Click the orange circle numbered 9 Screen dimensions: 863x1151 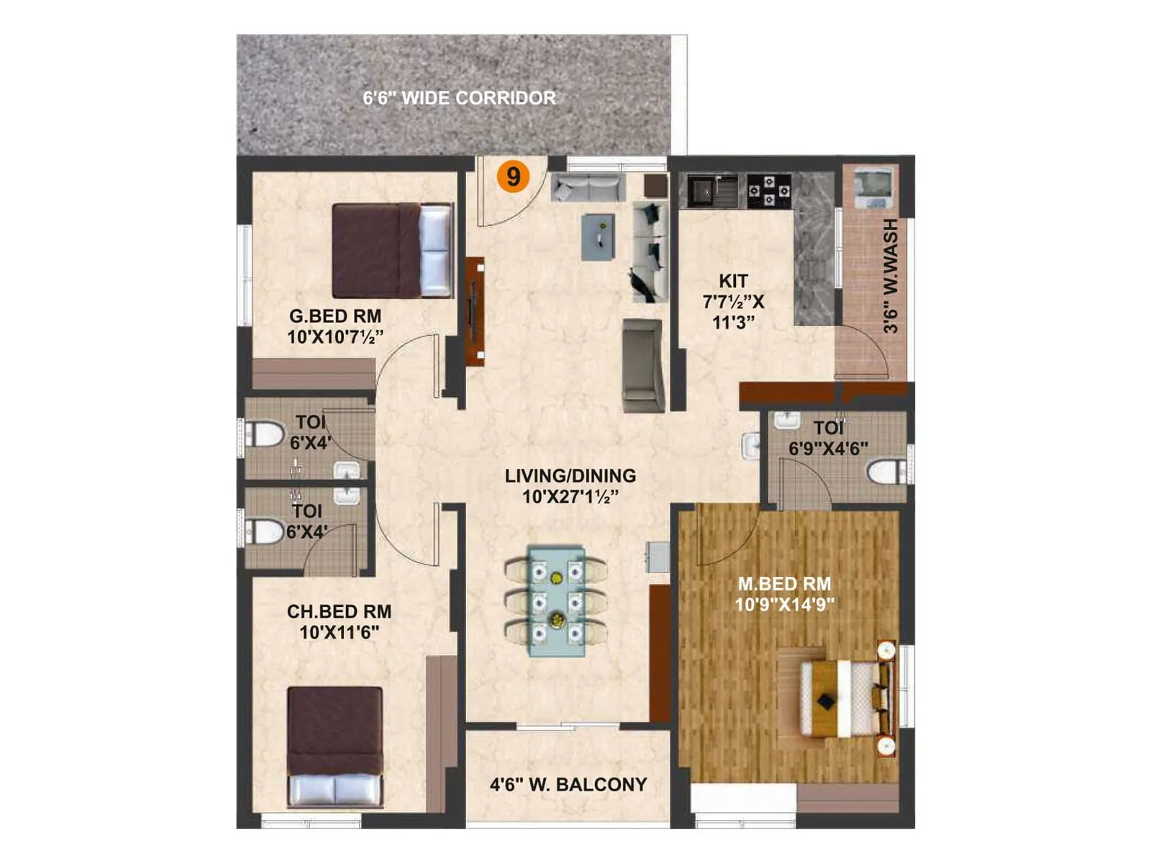(513, 176)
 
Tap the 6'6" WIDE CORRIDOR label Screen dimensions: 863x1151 (459, 99)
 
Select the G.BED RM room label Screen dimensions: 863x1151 (335, 316)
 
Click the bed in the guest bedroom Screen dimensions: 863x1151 (392, 250)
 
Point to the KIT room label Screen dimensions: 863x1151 (733, 281)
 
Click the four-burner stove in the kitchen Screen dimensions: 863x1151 (769, 191)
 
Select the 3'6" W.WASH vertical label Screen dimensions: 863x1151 (891, 276)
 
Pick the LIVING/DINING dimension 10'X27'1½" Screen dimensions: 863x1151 (570, 497)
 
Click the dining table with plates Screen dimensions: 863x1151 (556, 601)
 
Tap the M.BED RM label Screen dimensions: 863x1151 (784, 584)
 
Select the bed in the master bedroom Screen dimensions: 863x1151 (842, 698)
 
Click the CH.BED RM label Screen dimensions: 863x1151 (339, 612)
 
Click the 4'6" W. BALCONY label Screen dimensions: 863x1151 (568, 785)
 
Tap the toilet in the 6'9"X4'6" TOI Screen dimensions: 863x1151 (886, 472)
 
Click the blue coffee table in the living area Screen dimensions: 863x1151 (598, 237)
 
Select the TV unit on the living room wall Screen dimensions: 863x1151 (474, 311)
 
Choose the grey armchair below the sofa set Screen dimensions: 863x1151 (642, 365)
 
